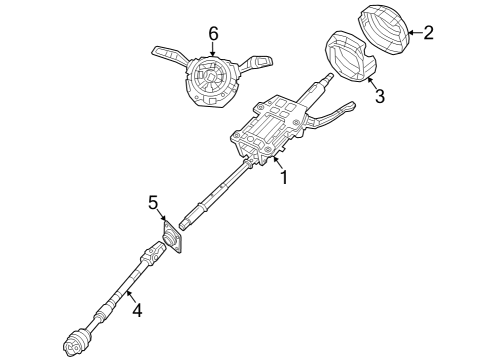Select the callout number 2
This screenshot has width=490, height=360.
429,33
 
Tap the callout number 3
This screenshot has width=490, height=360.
379,96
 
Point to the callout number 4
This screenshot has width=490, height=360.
137,311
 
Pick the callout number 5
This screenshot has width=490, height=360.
154,203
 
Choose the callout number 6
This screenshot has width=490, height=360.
213,34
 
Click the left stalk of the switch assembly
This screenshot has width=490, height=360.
165,50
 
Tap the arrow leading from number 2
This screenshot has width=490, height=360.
414,33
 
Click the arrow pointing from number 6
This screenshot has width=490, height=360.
213,51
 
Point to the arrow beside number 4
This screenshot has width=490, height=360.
127,299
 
